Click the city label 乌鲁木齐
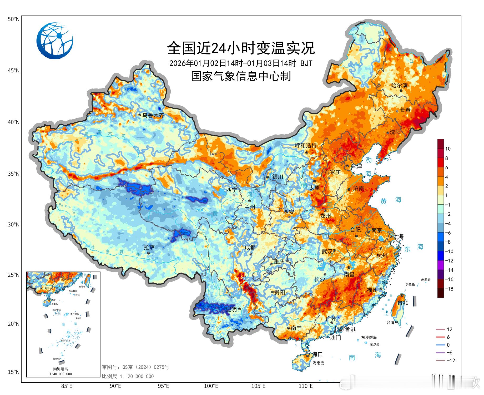tap(153, 115)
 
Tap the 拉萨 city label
tap(149, 247)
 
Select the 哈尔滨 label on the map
tap(399, 85)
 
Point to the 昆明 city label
tap(231, 309)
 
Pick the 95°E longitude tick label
tap(163, 386)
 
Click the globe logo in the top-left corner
tap(55, 41)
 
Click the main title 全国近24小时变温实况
tap(241, 48)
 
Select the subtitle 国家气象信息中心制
tap(241, 76)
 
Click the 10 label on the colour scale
tap(448, 149)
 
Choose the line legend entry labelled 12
tap(445, 329)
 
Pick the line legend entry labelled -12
tap(446, 360)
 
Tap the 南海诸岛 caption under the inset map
tap(60, 369)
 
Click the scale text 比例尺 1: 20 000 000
tap(128, 376)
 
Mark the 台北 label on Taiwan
tap(403, 302)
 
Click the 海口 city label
tap(317, 354)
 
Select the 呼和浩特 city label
tap(306, 145)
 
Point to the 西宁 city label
tap(231, 190)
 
